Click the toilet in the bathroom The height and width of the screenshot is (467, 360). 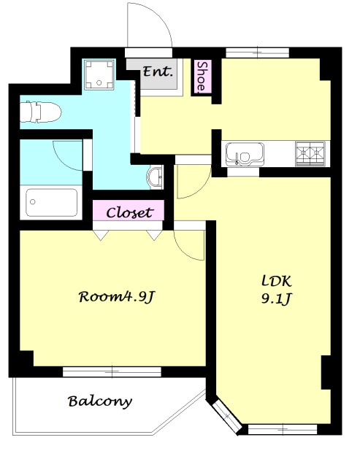coord(40,112)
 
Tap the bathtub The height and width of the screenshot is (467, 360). coord(51,203)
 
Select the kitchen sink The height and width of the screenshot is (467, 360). coord(245,154)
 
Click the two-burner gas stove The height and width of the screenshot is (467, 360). coord(310,153)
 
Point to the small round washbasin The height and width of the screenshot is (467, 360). coord(154,177)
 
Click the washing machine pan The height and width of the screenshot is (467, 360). coord(99,74)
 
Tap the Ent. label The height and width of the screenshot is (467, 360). coord(158,72)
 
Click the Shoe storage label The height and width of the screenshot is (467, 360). coord(203,76)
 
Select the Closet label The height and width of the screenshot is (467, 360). coord(129,212)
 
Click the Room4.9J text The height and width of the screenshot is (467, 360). coord(117,297)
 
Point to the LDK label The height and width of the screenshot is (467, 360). coord(276,281)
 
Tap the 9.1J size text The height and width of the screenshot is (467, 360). coord(276,298)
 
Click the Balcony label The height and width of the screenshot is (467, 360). coord(100,401)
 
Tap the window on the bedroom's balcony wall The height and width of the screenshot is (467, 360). coord(112,371)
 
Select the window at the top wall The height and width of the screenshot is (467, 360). coord(258,53)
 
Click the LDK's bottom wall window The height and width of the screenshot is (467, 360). coord(283,430)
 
